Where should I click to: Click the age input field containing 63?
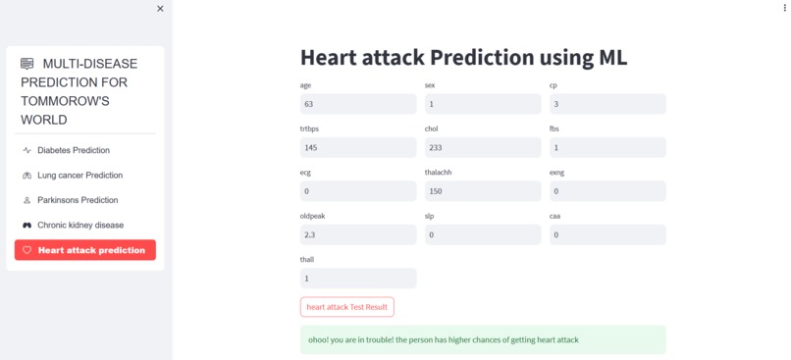[357, 104]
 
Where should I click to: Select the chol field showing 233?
[482, 147]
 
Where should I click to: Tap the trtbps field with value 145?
[357, 147]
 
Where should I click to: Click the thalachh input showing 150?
[482, 191]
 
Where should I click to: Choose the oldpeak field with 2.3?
[357, 234]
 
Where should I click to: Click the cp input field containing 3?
[606, 104]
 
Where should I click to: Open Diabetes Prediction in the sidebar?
[74, 150]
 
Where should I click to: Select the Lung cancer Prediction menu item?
[79, 176]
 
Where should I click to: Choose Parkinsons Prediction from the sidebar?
[78, 200]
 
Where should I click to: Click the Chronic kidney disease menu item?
[80, 225]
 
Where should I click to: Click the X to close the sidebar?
[160, 9]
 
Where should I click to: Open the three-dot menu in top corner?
[785, 8]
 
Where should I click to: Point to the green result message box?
[482, 339]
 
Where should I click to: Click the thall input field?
[357, 279]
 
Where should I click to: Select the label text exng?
[556, 173]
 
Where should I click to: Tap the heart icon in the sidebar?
[27, 250]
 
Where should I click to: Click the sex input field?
[482, 104]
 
